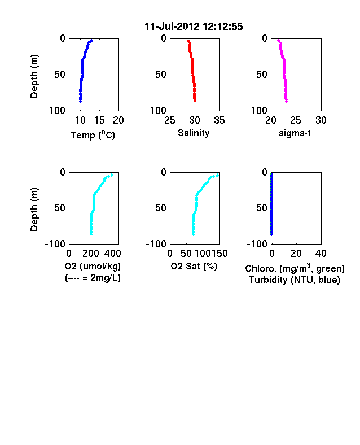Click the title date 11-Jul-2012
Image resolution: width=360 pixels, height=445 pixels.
[172, 27]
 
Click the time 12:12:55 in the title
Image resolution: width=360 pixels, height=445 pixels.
[223, 27]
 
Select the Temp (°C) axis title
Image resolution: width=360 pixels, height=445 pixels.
[93, 135]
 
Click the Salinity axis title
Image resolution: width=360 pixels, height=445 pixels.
[194, 133]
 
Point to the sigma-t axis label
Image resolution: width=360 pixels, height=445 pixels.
[295, 133]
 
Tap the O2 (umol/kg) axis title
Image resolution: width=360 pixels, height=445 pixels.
[93, 266]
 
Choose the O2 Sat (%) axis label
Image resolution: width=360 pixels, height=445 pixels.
[194, 266]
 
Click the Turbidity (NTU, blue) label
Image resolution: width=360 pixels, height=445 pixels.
[295, 280]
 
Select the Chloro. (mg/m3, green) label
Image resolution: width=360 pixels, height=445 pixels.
[295, 268]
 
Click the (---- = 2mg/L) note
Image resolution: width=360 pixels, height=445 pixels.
[93, 277]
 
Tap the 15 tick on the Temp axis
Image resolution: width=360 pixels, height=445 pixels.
[99, 120]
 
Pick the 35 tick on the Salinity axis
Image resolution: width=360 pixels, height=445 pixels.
[219, 120]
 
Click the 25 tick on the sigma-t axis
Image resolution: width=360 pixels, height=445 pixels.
[296, 120]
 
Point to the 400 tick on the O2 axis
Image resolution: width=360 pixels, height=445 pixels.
[112, 254]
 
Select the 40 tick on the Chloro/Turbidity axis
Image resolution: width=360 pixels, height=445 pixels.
[321, 254]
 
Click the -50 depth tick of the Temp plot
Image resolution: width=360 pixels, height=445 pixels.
[58, 75]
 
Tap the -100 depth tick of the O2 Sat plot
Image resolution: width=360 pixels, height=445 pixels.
[156, 244]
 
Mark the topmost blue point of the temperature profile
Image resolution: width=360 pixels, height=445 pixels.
[91, 41]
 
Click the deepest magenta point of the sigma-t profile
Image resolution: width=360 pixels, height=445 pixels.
[286, 101]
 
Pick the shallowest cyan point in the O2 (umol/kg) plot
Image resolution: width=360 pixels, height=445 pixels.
[112, 175]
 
